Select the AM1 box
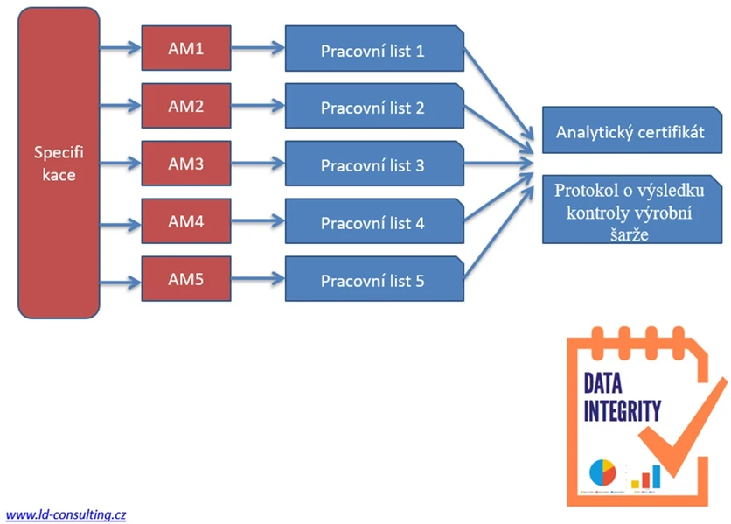tap(186, 50)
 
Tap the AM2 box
tap(186, 107)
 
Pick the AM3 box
tap(186, 164)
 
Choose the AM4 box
tap(186, 221)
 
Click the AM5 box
tap(186, 279)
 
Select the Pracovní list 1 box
tap(373, 51)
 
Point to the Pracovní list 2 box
tap(373, 108)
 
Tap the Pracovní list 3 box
tap(373, 165)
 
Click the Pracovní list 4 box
tap(373, 223)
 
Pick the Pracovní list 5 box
tap(373, 281)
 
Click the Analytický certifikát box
tap(630, 132)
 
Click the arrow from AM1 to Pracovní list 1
tap(258, 49)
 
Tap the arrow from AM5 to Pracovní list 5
tap(258, 279)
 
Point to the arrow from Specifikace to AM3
tap(120, 164)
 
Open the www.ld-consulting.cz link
tap(66, 514)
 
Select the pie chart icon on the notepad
tap(602, 473)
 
